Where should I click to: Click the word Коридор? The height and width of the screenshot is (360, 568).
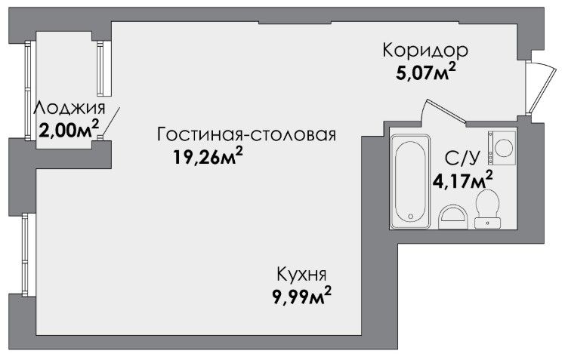[425, 51]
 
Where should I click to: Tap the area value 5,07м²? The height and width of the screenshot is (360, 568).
[426, 72]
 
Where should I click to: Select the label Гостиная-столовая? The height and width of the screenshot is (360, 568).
[246, 134]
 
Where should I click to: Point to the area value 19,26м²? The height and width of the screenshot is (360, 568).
[208, 157]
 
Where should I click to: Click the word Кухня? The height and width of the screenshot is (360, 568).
[301, 274]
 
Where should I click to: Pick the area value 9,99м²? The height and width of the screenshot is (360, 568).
[302, 296]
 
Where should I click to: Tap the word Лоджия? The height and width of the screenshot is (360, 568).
[69, 108]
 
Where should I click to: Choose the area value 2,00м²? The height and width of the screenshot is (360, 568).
[69, 130]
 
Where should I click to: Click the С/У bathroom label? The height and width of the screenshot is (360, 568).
[461, 158]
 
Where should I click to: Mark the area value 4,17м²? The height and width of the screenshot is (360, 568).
[463, 180]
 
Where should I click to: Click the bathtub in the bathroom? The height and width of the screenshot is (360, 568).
[410, 181]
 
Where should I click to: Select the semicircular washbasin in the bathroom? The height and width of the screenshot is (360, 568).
[452, 217]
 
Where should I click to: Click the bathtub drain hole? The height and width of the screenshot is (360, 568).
[410, 217]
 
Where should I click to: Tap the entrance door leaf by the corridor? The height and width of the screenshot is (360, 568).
[542, 91]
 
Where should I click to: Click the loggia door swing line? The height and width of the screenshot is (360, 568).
[110, 122]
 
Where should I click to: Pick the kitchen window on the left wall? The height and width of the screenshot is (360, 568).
[25, 255]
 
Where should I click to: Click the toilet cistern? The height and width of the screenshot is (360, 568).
[488, 223]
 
